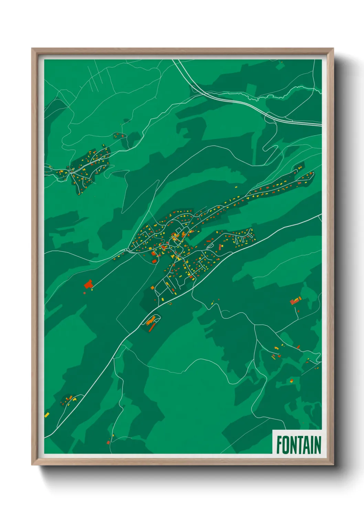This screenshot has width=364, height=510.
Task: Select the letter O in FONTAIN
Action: click(x=286, y=445)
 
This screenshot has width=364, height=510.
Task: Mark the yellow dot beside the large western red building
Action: click(x=92, y=290)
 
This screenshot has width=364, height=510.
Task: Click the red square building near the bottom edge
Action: click(x=108, y=442)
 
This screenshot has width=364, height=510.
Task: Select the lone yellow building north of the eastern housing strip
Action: click(x=236, y=187)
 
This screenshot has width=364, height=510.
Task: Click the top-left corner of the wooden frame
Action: click(x=32, y=49)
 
